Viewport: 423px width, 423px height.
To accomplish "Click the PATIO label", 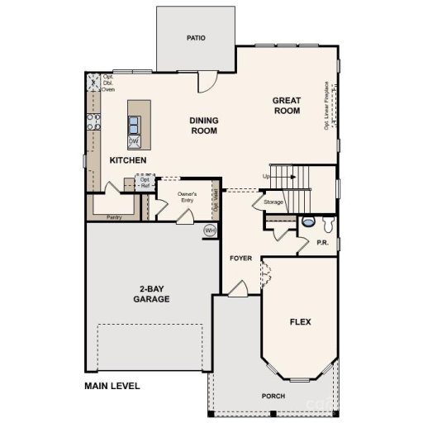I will point(196,38).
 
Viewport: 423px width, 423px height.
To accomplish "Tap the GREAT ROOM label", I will point(287,106).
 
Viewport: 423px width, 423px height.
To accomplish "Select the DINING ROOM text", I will point(203,126).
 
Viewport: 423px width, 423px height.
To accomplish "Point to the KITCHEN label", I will point(128,159).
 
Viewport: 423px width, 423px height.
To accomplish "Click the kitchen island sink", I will point(133,125).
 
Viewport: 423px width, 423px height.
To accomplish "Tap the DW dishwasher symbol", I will point(133,141).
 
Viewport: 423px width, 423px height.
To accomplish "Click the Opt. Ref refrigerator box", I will point(145,183).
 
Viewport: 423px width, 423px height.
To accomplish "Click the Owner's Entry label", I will point(187,197).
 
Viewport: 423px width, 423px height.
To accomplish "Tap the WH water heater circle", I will point(210,230).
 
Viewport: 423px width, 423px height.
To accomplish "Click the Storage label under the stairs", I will point(273,202).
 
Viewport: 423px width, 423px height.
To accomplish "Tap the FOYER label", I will point(240,259).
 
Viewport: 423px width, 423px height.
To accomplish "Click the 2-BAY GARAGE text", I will point(150,294).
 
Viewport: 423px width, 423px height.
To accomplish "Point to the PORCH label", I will point(274,397).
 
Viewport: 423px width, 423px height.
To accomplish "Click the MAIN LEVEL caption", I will point(112,386).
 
